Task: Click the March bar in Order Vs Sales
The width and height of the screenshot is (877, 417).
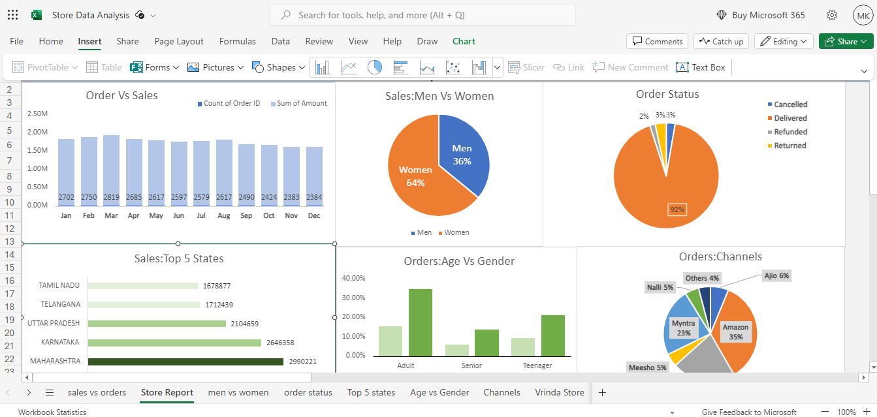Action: (x=111, y=170)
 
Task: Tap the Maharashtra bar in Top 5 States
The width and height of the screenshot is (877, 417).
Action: (x=185, y=362)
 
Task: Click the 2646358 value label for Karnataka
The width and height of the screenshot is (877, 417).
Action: (x=280, y=343)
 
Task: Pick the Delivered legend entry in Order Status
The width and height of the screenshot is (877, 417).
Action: (x=788, y=118)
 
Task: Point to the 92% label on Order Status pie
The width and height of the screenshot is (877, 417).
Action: (x=677, y=209)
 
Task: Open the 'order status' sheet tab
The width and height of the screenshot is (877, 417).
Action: (x=308, y=392)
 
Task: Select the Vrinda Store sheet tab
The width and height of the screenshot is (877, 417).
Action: (x=560, y=392)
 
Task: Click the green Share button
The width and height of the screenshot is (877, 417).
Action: (x=846, y=42)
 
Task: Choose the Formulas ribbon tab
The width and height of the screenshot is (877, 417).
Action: (x=237, y=42)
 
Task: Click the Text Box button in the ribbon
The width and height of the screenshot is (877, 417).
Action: (x=701, y=67)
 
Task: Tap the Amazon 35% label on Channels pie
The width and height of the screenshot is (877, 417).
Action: (x=736, y=332)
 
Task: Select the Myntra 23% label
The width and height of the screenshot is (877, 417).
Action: (x=684, y=328)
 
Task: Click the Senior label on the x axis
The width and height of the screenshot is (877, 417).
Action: (x=471, y=365)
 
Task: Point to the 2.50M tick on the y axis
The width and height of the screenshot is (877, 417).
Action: (x=38, y=114)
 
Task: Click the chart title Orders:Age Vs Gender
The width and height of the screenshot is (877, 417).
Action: (x=459, y=261)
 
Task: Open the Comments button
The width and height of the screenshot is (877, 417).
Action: (x=658, y=42)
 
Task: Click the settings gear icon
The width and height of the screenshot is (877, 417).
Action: (x=832, y=15)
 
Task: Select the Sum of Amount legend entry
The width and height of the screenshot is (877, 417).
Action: (x=298, y=103)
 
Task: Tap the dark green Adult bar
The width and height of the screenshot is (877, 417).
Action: (x=421, y=323)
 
